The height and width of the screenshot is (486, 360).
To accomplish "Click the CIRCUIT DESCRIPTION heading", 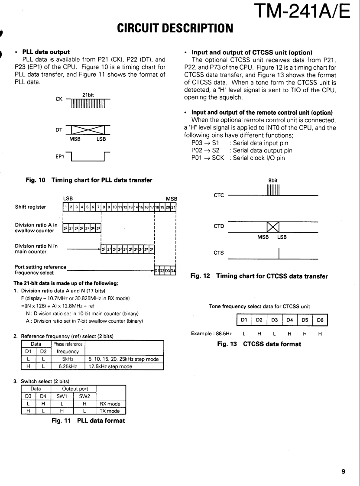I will pyautogui.click(x=175, y=29).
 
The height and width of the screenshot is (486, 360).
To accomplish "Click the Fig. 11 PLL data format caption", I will pyautogui.click(x=88, y=420).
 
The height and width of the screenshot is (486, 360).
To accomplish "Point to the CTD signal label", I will pyautogui.click(x=218, y=226).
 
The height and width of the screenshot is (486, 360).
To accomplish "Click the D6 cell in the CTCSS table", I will pyautogui.click(x=320, y=321).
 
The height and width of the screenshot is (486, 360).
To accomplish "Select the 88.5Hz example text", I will pyautogui.click(x=210, y=334).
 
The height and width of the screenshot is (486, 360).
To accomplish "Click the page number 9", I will pyautogui.click(x=343, y=472).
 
